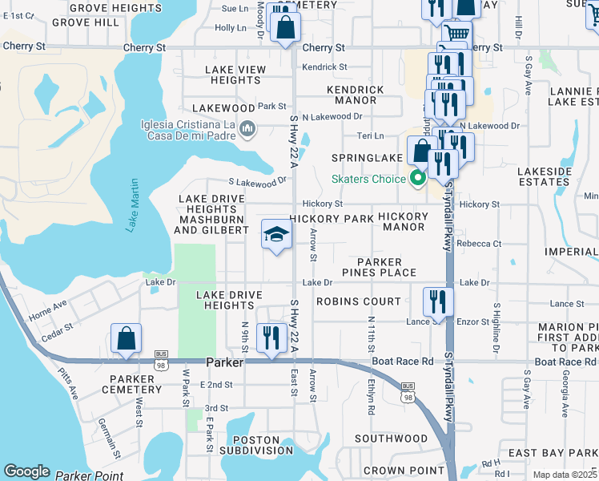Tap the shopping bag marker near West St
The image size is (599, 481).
tap(127, 338)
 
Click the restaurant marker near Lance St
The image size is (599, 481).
tap(438, 301)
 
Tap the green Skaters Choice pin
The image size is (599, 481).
tap(416, 178)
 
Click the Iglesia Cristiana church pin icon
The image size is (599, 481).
tap(247, 128)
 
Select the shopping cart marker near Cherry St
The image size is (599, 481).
tap(456, 34)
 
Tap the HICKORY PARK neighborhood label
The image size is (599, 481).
tap(332, 218)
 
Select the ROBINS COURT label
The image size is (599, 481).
tap(358, 301)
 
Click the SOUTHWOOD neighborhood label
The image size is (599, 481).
tap(392, 439)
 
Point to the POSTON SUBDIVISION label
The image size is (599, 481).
tap(255, 447)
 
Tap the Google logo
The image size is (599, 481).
tap(26, 471)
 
